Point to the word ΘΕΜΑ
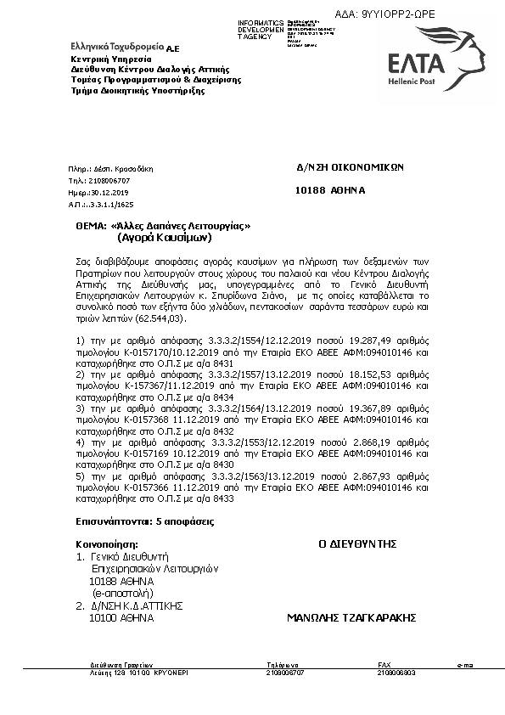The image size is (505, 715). click(90, 227)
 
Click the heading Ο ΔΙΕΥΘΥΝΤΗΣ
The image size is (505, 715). click(357, 543)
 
